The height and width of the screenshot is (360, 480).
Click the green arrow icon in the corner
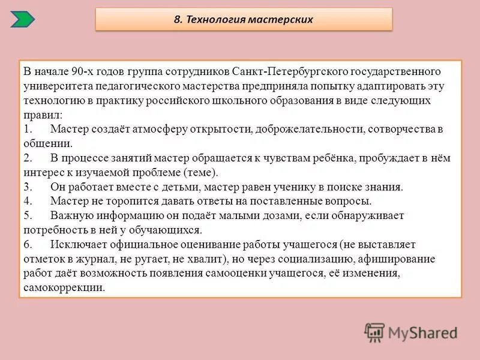tap(23, 19)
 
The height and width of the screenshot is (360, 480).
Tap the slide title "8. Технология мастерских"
tap(244, 19)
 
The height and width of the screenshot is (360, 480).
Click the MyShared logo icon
tap(374, 332)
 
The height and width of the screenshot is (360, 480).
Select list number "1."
tap(28, 129)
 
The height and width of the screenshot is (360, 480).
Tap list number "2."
tap(28, 158)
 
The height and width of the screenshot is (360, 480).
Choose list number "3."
tap(28, 187)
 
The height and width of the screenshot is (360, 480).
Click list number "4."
tap(28, 201)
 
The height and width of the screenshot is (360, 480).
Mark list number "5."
tap(28, 215)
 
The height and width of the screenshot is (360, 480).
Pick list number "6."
tap(28, 245)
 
